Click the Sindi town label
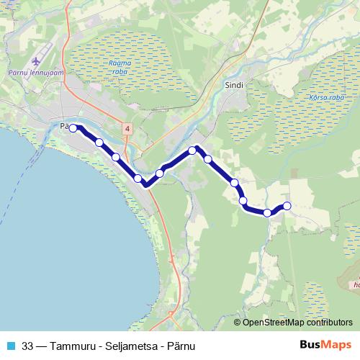point(235,84)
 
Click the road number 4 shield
point(127,128)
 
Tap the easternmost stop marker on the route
point(287,207)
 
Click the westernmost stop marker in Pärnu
point(73,128)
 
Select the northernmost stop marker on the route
point(192,150)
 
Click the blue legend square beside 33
point(10,344)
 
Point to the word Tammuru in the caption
point(75,344)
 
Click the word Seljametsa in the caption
point(132,344)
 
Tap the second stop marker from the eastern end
point(267,212)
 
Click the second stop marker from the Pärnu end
point(99,143)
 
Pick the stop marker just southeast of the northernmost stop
point(208,159)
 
